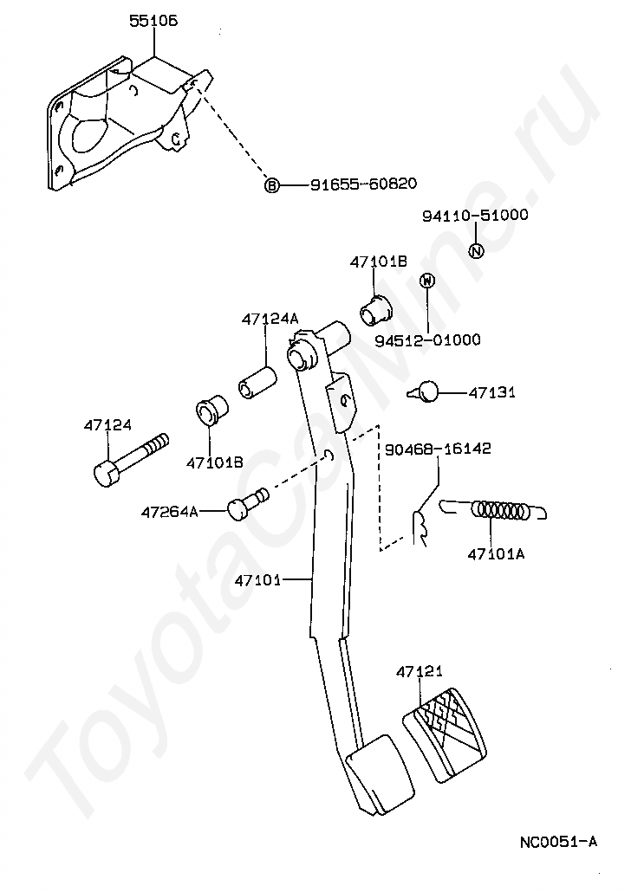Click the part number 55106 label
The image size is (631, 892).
pos(153,21)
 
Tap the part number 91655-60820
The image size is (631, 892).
pos(363,184)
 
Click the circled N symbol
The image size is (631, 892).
pos(476,250)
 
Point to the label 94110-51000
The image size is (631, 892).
pos(475,215)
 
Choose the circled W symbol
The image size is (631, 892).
pos(427,281)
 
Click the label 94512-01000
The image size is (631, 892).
pos(427,340)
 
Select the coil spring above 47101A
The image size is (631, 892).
pos(493,510)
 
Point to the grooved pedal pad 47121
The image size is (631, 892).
pos(445,734)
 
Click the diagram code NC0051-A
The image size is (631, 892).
pos(558,842)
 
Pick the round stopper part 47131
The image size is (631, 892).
pos(424,391)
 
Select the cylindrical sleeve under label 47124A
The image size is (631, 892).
pos(257,384)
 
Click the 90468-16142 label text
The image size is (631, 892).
pos(438,449)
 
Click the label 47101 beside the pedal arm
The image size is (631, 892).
pos(257,580)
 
